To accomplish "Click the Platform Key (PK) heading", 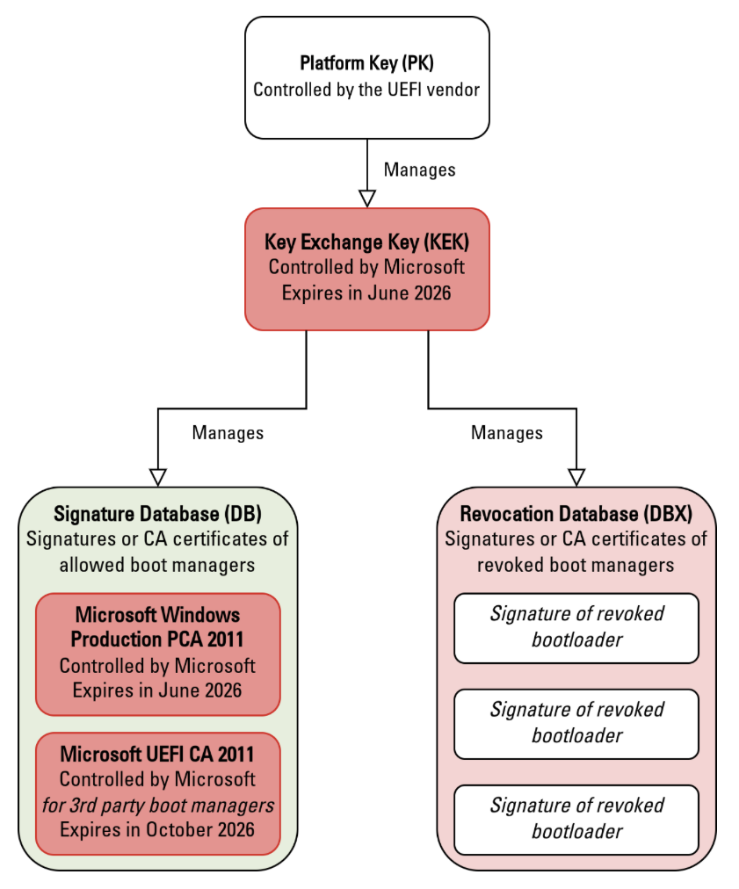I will tap(366, 64).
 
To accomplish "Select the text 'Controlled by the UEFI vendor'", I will tap(366, 90).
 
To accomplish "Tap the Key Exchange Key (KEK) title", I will tap(366, 242).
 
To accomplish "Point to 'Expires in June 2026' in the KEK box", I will tap(366, 293).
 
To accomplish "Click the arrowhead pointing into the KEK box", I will tap(367, 198).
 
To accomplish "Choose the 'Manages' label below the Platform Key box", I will tap(420, 170).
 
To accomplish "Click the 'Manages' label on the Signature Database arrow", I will tap(228, 432).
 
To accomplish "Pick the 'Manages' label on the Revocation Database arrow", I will tap(507, 432).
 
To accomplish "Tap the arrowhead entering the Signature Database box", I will tap(158, 476).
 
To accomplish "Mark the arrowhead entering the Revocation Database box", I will tap(576, 476).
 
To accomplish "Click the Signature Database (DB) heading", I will tap(158, 514).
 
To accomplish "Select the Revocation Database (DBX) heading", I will tap(576, 514).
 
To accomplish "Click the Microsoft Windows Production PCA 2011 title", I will tap(158, 626).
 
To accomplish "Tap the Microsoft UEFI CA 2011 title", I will tap(158, 754).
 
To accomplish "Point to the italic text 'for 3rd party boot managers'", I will tap(158, 804).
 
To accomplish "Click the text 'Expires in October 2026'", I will tap(158, 829).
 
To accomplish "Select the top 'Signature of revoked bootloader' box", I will tap(576, 627).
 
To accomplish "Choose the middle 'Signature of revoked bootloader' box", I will tap(576, 723).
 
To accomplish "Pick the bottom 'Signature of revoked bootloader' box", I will tap(576, 819).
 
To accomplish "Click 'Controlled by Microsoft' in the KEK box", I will tap(366, 267).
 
